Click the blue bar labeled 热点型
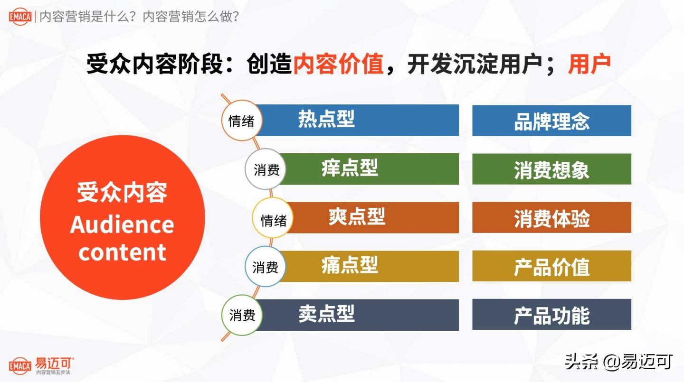(356, 120)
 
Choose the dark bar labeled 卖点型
(356, 315)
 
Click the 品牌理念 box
(551, 121)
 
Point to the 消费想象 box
(551, 169)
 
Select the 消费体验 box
(551, 218)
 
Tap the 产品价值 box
(551, 266)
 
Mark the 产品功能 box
(551, 315)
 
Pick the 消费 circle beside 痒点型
(266, 169)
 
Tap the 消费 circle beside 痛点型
(265, 267)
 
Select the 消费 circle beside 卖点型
(242, 315)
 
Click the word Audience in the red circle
(122, 224)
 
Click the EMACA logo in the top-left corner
(20, 17)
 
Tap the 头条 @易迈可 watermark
(618, 362)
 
